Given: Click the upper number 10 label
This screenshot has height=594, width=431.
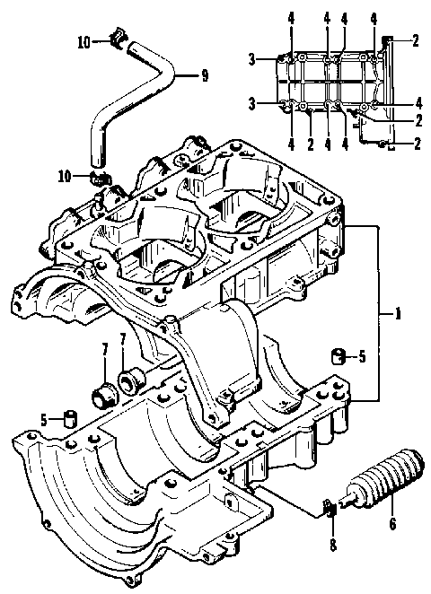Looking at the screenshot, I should (83, 41).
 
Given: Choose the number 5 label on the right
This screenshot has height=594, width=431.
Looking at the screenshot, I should (362, 357).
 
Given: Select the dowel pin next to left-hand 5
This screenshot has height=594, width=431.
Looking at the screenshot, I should (70, 417).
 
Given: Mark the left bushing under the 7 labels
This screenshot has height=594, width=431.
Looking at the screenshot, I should (106, 392).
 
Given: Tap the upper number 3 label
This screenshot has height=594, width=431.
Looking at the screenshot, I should (254, 59).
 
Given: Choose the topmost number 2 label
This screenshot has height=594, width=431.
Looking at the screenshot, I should (416, 39).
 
